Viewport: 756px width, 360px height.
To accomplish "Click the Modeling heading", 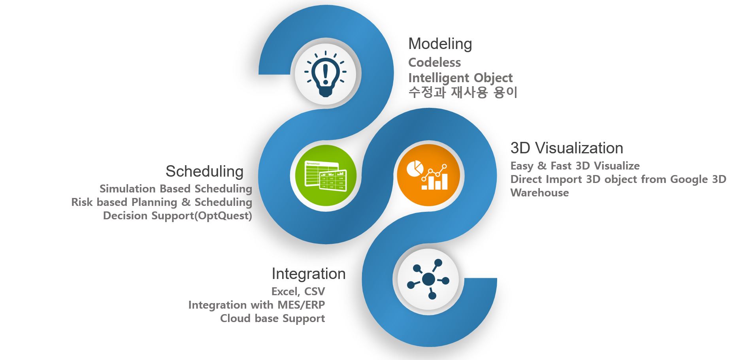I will pyautogui.click(x=440, y=43).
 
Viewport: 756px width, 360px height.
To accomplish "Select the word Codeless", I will pyautogui.click(x=434, y=62).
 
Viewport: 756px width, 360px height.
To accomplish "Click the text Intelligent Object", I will pyautogui.click(x=460, y=78).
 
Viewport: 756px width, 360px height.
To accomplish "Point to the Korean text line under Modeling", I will pyautogui.click(x=462, y=92).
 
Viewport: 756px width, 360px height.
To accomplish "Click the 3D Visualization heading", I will pyautogui.click(x=566, y=148).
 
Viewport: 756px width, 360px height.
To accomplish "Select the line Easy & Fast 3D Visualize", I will pyautogui.click(x=575, y=166).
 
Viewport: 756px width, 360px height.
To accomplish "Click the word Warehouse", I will pyautogui.click(x=539, y=193).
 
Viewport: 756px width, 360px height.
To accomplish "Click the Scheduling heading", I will pyautogui.click(x=204, y=172).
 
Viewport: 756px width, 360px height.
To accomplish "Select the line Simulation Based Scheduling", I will pyautogui.click(x=176, y=189).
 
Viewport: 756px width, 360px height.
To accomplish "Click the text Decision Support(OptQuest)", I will pyautogui.click(x=177, y=216).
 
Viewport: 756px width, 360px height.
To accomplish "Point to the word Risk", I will pyautogui.click(x=82, y=202).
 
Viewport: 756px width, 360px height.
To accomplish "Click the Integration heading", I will pyautogui.click(x=308, y=274).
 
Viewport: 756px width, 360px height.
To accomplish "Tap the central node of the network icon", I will pyautogui.click(x=428, y=280).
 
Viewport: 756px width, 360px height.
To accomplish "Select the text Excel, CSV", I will pyautogui.click(x=298, y=292).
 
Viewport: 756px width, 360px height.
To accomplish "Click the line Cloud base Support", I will pyautogui.click(x=272, y=319).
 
